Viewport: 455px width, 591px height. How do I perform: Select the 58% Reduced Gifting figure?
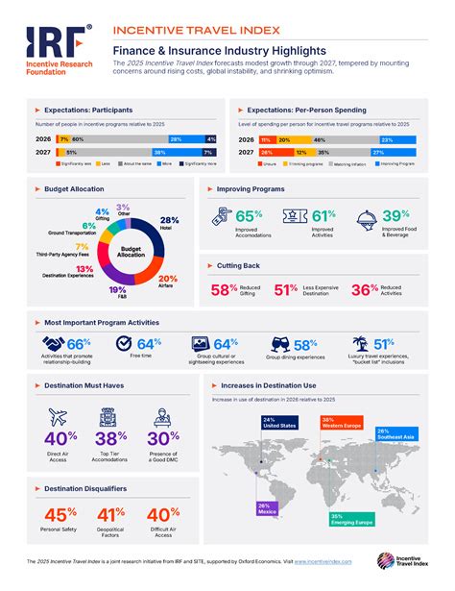[x=225, y=289]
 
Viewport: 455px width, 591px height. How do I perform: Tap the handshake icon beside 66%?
[x=51, y=344]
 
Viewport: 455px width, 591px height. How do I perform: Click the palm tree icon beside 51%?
[x=360, y=344]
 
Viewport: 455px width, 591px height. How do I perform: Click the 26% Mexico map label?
[x=266, y=508]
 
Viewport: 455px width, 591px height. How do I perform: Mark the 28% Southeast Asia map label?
[x=396, y=434]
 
